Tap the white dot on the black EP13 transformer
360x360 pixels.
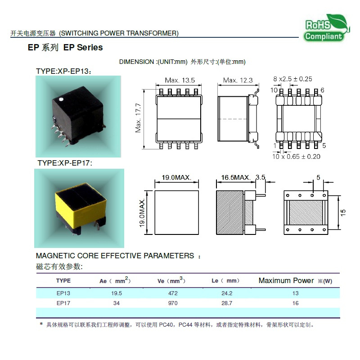(x=61, y=99)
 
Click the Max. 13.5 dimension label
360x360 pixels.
(x=180, y=81)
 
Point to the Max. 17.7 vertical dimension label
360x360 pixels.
(x=138, y=118)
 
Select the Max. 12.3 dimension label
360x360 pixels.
(x=238, y=81)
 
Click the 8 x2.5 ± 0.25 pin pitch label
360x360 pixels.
(x=292, y=79)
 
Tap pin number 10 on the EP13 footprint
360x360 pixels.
(x=274, y=90)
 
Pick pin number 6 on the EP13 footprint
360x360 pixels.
(x=322, y=90)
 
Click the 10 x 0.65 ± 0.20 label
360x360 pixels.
(x=296, y=157)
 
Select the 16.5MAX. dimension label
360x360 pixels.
(x=236, y=177)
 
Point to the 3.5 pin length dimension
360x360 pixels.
(x=261, y=177)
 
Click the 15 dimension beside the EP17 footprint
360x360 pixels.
(x=343, y=212)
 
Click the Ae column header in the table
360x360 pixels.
(x=115, y=280)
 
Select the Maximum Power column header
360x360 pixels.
(x=296, y=280)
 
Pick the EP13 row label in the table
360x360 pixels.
(x=63, y=293)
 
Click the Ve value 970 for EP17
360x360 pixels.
(x=173, y=303)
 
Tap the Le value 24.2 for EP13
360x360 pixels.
(x=227, y=293)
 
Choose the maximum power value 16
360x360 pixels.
(x=296, y=303)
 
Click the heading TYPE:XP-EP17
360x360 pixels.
(x=65, y=163)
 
